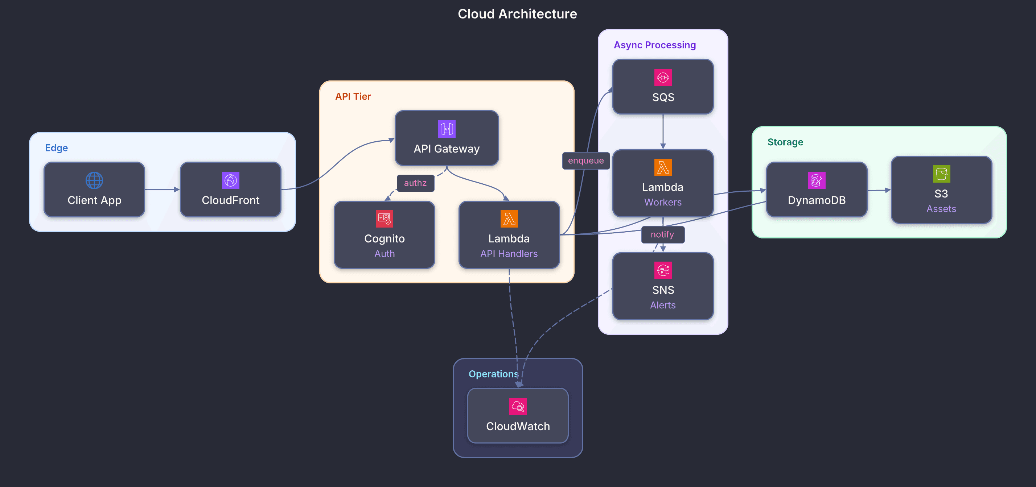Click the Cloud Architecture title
517,14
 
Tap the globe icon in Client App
94,180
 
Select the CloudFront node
230,189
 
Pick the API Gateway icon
447,129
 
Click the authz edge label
415,183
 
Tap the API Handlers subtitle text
509,254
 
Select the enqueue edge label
585,161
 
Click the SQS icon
663,78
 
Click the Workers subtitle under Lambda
663,202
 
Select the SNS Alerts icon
663,270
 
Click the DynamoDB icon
817,180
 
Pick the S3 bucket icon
941,174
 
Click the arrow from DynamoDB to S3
879,190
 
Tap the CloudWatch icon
518,407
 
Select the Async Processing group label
654,45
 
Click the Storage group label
785,142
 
